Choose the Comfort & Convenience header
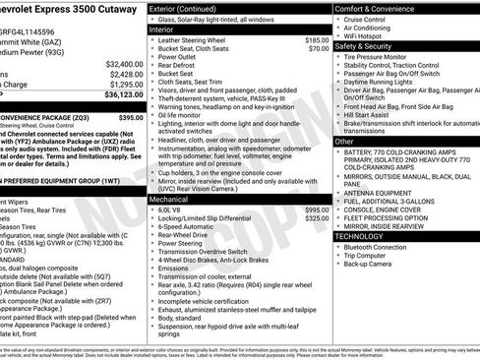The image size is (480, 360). tap(379, 8)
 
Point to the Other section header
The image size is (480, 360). tap(345, 142)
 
